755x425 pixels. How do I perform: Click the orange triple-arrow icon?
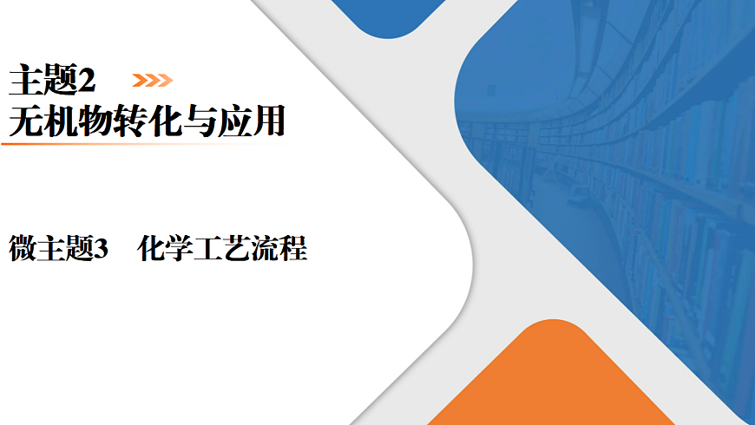(x=152, y=81)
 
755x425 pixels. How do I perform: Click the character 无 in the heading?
(x=23, y=121)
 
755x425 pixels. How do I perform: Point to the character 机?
(x=59, y=121)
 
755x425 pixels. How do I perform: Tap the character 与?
(x=199, y=121)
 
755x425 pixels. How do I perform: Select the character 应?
(x=233, y=121)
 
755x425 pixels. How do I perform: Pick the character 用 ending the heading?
(x=268, y=121)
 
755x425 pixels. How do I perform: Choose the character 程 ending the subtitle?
(x=293, y=250)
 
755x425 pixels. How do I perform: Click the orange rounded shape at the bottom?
(x=555, y=382)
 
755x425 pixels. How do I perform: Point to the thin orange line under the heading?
(x=104, y=144)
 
